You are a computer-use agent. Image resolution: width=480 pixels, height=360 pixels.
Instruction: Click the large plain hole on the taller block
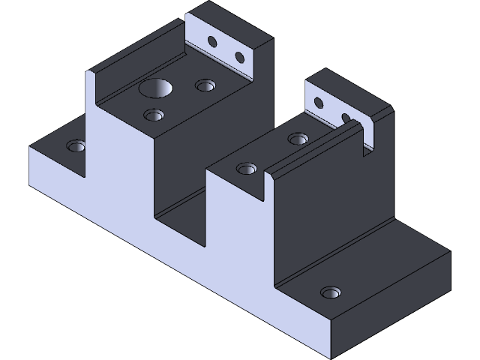coord(156,89)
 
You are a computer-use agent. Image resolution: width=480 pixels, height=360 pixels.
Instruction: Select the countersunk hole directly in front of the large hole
coord(154,115)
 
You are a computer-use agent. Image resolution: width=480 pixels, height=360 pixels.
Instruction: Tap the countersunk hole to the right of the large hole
coord(205,85)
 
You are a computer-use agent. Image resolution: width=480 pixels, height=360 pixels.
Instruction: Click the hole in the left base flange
coord(76,145)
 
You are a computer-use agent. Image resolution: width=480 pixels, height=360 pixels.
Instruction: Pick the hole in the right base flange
coord(330,292)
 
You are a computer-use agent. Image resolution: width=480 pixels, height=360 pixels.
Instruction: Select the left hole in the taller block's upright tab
coord(212,40)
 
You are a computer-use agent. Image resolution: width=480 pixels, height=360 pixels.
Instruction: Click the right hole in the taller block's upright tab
coord(240,57)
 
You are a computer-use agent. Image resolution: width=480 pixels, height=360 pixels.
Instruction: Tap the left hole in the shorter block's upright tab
coord(318,102)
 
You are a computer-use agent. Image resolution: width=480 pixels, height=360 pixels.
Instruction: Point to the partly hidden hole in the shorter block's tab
coord(346,118)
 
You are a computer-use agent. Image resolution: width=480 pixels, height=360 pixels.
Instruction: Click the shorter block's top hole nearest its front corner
coord(246,168)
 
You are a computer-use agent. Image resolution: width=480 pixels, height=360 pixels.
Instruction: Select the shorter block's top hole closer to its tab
coord(298,139)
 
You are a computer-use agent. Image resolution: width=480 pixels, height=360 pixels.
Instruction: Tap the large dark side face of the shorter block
coord(330,217)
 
